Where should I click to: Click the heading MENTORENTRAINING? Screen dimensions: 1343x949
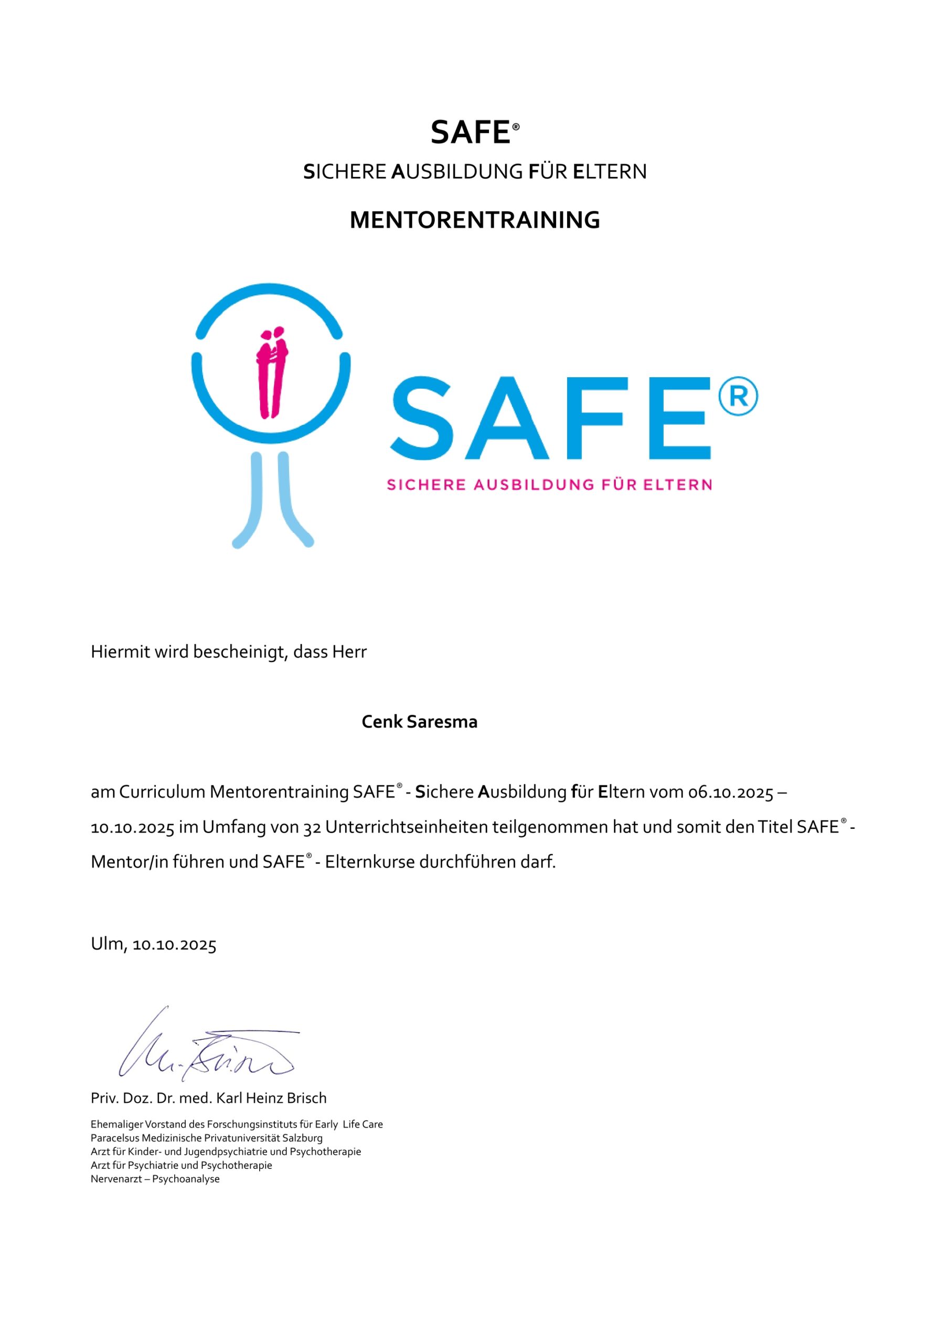click(x=474, y=220)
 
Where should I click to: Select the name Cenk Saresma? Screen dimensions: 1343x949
click(x=419, y=722)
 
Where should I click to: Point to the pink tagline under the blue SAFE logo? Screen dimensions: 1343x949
click(x=549, y=484)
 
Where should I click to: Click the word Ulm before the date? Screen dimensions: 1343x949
click(x=107, y=943)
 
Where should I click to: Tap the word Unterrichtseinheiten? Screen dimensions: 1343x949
click(x=407, y=828)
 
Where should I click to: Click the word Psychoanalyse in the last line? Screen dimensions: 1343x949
click(x=186, y=1179)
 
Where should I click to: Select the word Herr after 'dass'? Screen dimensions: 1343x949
click(x=349, y=652)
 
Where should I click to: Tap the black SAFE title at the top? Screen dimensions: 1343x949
click(x=471, y=133)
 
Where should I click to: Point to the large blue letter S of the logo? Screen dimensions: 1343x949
click(x=422, y=418)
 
